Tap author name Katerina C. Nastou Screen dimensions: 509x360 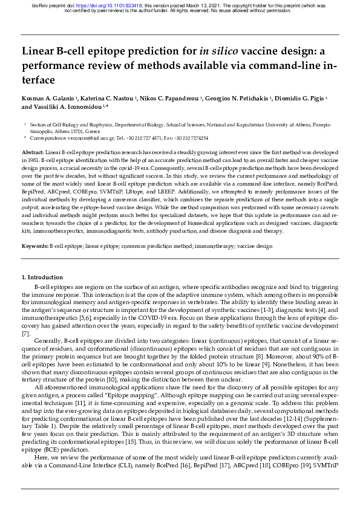pyautogui.click(x=106, y=98)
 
